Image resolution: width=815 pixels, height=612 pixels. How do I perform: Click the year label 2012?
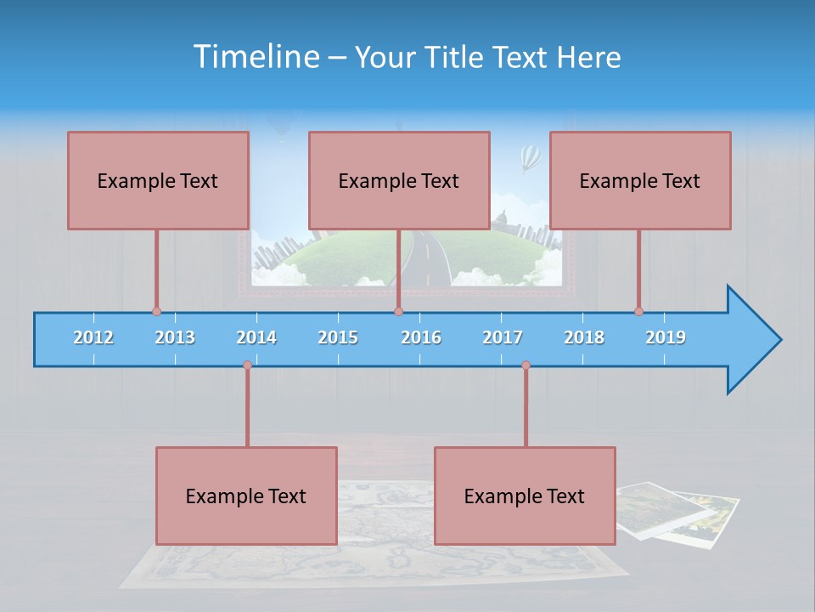(x=93, y=337)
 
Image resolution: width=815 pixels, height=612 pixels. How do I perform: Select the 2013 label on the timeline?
(x=175, y=337)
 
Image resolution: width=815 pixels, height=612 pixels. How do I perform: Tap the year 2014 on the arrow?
(x=256, y=337)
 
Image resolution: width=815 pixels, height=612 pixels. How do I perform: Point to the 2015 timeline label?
(x=338, y=337)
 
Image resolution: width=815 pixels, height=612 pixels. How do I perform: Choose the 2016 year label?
(x=421, y=337)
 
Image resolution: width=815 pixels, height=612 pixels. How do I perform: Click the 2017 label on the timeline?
(x=503, y=337)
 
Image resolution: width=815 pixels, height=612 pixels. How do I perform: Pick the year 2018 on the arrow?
(x=584, y=337)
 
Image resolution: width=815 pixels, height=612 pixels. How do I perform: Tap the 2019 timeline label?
(x=666, y=337)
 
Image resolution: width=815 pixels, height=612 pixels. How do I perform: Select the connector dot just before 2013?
(x=156, y=311)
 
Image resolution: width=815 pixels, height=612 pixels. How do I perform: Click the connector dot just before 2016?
(x=398, y=311)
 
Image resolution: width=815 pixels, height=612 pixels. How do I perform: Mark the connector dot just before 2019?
(x=638, y=311)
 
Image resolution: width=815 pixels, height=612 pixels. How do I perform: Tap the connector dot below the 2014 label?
(x=247, y=365)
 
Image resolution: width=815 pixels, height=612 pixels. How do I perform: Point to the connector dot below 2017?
(x=526, y=365)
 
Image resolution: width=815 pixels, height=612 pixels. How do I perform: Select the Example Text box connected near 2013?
(x=158, y=180)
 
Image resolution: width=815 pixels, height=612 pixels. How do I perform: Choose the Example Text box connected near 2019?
(x=640, y=180)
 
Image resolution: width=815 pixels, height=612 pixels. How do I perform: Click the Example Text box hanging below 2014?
(x=246, y=496)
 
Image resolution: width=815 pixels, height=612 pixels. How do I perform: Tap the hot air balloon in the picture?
(x=530, y=156)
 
